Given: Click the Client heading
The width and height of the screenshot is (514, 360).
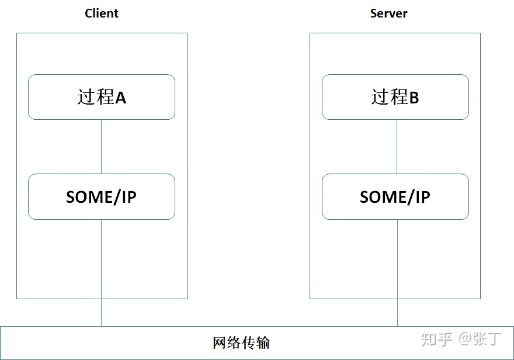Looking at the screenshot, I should (102, 13).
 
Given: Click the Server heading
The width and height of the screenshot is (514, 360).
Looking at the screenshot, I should (388, 13).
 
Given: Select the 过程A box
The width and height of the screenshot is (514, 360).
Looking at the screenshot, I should (102, 97).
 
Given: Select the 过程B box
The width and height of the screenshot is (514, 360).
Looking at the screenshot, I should (395, 97).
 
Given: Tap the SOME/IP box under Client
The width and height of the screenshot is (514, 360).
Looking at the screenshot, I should (102, 197).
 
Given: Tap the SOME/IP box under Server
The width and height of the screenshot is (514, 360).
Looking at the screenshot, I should (395, 197).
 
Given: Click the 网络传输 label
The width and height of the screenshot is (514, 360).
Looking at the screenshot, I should (241, 342).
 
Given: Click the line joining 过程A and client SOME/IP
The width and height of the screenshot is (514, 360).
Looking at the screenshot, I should (102, 146).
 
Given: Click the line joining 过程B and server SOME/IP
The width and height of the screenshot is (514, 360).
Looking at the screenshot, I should (397, 146).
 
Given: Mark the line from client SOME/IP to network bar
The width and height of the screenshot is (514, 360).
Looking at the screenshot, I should (102, 272).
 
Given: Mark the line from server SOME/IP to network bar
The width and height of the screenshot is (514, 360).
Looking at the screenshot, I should (397, 272).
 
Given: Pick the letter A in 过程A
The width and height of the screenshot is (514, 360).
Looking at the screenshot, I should (120, 98).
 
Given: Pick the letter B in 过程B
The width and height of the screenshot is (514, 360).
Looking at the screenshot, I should (414, 98).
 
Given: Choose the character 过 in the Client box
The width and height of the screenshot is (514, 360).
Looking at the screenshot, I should (86, 97).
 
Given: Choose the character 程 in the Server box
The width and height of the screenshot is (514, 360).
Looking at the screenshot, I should (399, 97).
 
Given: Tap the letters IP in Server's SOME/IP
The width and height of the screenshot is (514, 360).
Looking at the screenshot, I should (422, 197).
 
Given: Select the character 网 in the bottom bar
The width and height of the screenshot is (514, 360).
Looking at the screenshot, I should (219, 342).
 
